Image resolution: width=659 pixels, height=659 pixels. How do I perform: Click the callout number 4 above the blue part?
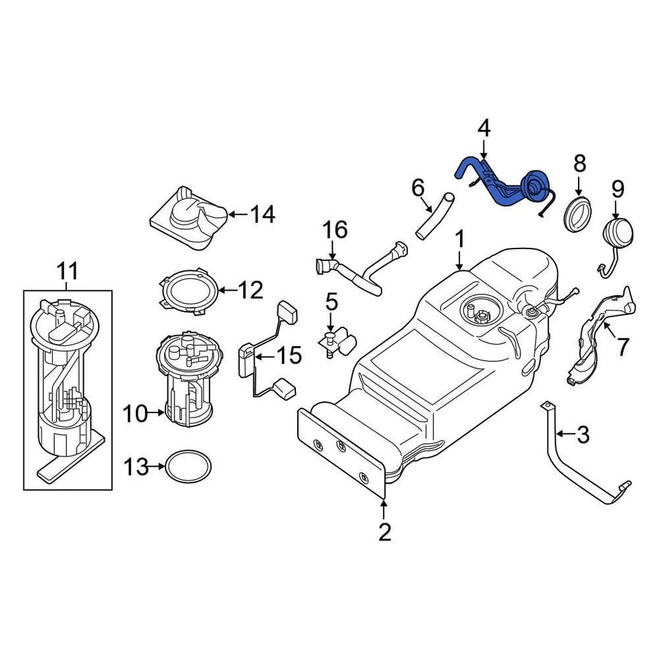(x=484, y=128)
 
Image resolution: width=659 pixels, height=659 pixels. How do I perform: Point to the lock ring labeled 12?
(x=191, y=291)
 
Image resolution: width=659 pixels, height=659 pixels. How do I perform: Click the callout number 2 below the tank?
(x=384, y=531)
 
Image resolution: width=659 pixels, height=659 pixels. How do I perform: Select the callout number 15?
(x=288, y=356)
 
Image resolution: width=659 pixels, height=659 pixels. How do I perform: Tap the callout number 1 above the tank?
(x=459, y=240)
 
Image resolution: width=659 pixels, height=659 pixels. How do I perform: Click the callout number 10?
(x=135, y=413)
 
